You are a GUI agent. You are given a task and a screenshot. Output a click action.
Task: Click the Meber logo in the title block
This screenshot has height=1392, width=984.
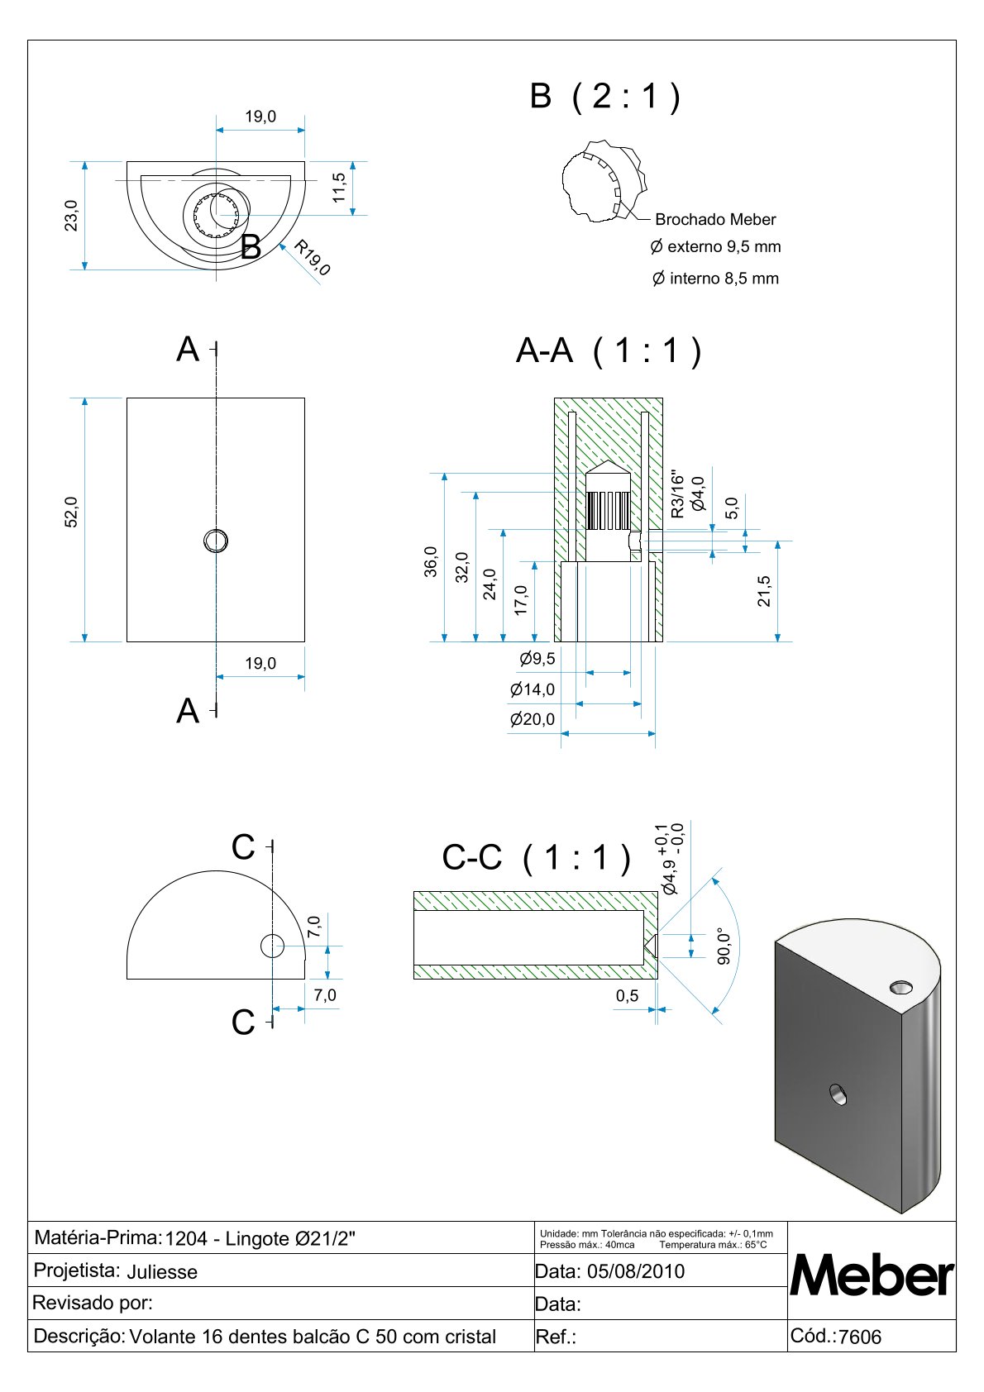click(872, 1275)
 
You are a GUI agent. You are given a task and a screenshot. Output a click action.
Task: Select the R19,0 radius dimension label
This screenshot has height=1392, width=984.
click(313, 257)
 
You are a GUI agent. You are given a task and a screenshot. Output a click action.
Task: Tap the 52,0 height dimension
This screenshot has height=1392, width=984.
click(72, 512)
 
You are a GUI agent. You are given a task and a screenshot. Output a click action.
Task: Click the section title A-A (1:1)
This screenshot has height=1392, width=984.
click(609, 350)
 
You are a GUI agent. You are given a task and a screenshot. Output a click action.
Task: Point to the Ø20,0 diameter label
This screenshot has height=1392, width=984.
click(533, 719)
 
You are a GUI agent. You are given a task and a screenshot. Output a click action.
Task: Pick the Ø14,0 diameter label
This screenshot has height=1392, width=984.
click(533, 689)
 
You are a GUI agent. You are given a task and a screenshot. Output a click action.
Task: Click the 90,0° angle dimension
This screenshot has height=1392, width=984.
click(724, 946)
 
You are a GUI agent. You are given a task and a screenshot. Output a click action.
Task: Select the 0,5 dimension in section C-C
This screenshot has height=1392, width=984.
click(627, 995)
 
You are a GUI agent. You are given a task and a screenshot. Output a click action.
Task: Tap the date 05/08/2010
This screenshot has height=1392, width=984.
click(635, 1271)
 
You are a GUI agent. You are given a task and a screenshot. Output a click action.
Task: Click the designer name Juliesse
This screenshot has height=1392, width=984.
click(162, 1272)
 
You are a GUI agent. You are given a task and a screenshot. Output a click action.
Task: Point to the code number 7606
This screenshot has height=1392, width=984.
click(860, 1337)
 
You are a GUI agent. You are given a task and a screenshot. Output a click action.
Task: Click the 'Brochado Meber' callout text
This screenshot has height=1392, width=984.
click(715, 220)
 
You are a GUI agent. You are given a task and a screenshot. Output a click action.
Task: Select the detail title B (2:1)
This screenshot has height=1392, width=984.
click(605, 97)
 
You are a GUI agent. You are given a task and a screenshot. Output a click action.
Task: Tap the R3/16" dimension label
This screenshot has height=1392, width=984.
click(678, 495)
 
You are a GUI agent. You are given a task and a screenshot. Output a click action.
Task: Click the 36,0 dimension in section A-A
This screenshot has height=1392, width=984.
click(431, 562)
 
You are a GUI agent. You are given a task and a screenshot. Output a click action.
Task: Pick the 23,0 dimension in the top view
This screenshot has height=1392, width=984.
click(72, 216)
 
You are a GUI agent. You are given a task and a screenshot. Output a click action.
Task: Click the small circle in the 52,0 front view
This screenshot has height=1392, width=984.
click(216, 541)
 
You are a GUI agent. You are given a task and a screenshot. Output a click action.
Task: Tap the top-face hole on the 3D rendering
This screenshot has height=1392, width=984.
click(900, 987)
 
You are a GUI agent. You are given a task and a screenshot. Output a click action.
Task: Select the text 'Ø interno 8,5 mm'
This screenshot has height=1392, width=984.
click(715, 279)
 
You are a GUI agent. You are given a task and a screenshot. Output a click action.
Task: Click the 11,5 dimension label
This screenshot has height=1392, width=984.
click(339, 188)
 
